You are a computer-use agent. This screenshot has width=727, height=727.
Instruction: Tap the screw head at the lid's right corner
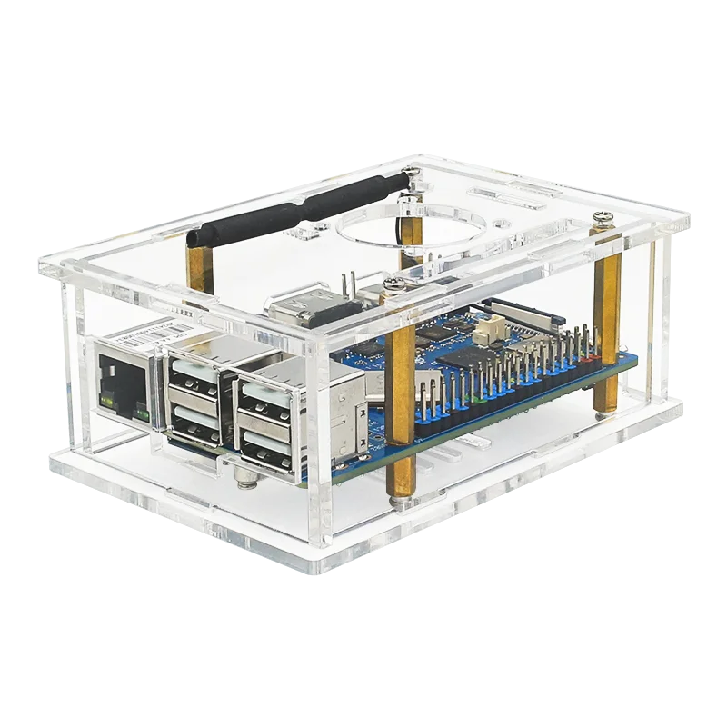[603, 217]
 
